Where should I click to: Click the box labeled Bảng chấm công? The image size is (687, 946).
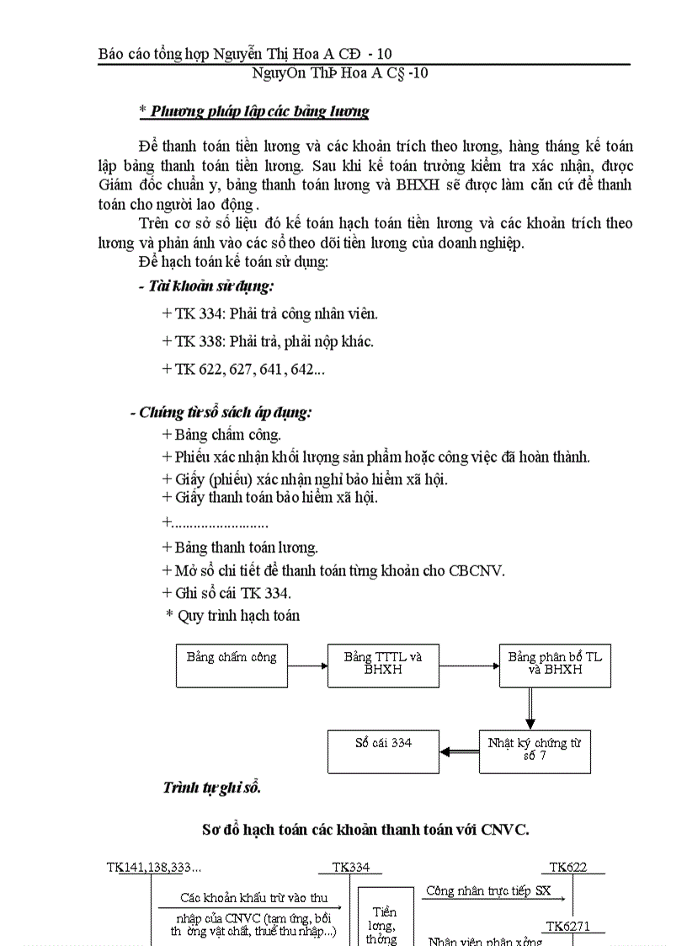point(232,665)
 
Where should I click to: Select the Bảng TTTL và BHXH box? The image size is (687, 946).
point(383,665)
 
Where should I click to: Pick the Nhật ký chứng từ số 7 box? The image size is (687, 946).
point(535,751)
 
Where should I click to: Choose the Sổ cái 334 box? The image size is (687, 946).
point(383,751)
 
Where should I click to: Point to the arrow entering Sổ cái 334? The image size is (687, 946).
point(460,751)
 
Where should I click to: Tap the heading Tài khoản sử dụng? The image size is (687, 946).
point(206,286)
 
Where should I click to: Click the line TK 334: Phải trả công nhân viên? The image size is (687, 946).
point(270,313)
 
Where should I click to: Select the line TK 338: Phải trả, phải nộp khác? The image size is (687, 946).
point(268,341)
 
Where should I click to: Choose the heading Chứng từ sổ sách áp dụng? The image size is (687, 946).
point(221,413)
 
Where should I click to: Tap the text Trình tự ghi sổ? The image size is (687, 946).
point(211,788)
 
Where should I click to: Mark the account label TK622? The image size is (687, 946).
point(568,867)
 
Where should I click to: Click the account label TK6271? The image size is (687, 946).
point(568,927)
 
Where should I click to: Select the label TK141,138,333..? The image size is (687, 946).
point(154,867)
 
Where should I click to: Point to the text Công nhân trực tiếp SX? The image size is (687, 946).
point(489,890)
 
